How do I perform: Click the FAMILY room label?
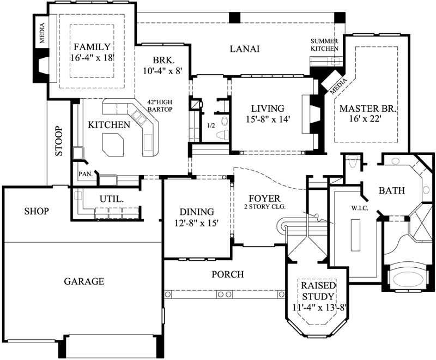[x=92, y=47]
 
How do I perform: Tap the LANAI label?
[x=244, y=49]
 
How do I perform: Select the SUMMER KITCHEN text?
[x=325, y=45]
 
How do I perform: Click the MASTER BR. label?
[x=368, y=109]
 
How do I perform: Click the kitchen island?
[x=115, y=145]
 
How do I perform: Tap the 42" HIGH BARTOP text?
[x=160, y=106]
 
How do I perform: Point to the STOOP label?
[x=59, y=142]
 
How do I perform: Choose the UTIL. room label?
[x=111, y=199]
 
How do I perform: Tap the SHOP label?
[x=36, y=211]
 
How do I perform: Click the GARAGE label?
[x=84, y=281]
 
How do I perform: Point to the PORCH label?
[x=227, y=274]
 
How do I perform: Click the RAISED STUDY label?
[x=317, y=291]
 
